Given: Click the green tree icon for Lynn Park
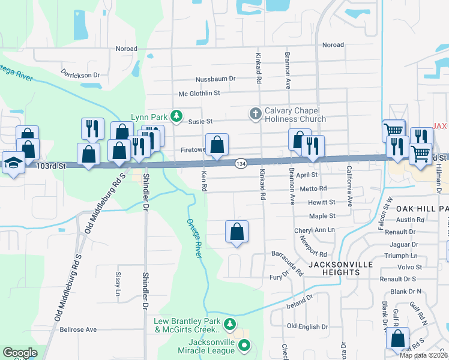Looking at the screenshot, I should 176,115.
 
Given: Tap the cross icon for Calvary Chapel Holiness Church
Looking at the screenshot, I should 255,113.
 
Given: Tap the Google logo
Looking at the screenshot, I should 20,353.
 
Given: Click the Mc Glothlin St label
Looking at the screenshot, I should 200,93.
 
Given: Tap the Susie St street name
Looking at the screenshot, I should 201,121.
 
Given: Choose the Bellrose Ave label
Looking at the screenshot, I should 78,329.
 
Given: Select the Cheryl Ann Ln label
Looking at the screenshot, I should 314,230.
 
